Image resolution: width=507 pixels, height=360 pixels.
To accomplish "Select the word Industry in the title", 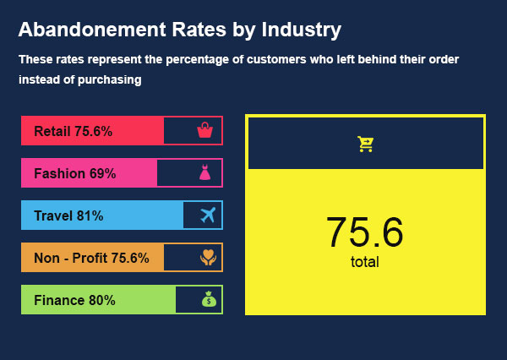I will [302, 30].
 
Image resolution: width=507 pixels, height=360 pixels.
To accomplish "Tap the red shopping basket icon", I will [204, 130].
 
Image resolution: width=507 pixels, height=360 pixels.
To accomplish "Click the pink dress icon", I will [204, 173].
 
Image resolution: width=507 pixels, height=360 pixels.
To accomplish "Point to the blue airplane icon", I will [208, 215].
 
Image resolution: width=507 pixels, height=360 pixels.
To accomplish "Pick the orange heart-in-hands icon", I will [208, 258].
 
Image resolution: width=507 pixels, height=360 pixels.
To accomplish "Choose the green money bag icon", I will [209, 300].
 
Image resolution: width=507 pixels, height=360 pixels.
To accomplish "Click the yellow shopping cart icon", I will [365, 144].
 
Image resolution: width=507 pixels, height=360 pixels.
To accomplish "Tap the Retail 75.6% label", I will [73, 131].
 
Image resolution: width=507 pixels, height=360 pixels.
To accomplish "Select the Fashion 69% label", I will [74, 173].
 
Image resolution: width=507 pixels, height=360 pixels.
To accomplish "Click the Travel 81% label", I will [68, 215].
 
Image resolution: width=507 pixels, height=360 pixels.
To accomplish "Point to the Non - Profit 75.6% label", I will [91, 258].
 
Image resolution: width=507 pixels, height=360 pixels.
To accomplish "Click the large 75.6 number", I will [365, 232].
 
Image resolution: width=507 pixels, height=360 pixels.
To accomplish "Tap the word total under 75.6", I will [365, 262].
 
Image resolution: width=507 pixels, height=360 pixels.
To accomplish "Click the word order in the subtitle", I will [442, 59].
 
